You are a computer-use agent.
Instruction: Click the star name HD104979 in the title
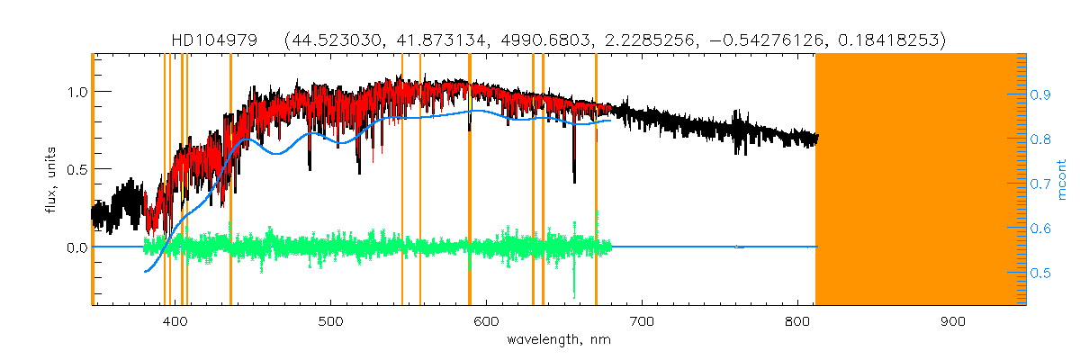pos(214,40)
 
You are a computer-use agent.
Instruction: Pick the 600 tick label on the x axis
pos(486,321)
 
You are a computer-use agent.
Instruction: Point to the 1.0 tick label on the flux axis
pos(76,92)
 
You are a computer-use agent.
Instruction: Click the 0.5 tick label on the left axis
pos(76,169)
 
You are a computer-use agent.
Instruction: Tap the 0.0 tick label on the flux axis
pos(76,247)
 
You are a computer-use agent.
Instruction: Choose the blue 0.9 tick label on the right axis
pos(1040,94)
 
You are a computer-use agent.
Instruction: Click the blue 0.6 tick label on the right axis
pos(1040,229)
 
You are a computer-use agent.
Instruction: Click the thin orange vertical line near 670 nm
pos(596,180)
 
